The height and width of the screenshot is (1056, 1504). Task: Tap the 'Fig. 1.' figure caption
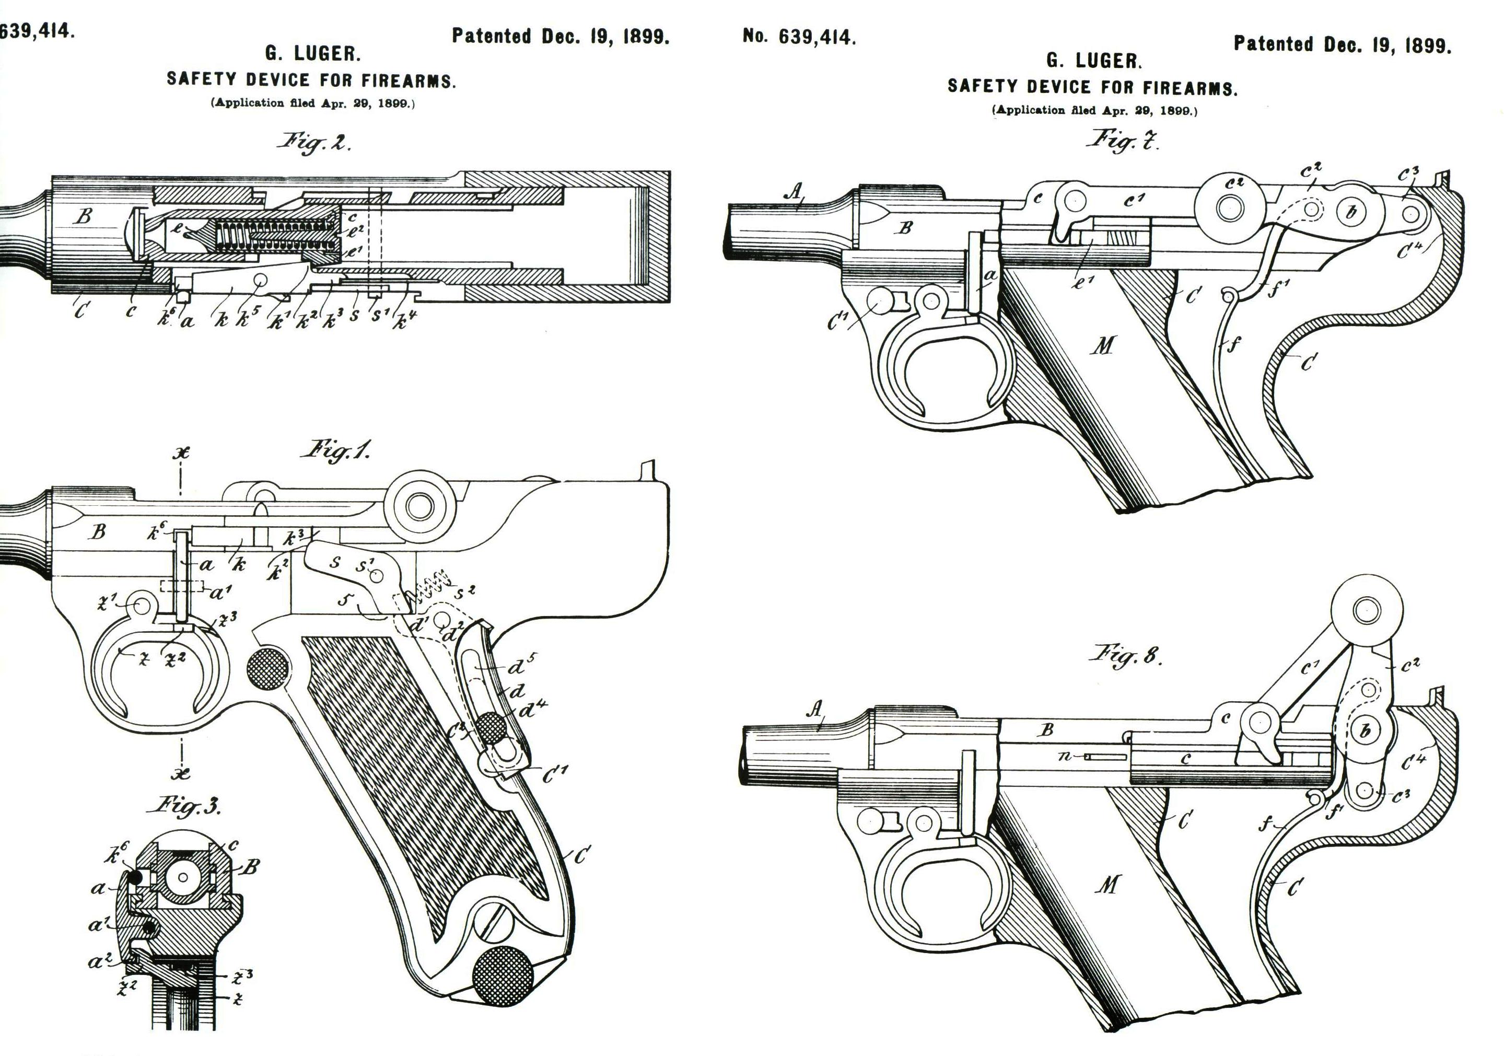(335, 451)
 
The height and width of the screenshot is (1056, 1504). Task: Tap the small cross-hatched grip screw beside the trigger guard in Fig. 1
(267, 669)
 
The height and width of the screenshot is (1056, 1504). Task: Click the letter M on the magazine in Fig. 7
(1103, 345)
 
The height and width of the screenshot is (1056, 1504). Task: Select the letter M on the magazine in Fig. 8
(1107, 886)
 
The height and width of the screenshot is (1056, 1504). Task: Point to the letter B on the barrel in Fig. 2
(83, 216)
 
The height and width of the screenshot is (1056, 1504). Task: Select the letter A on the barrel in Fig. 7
(794, 191)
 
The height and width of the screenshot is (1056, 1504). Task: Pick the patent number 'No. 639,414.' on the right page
(799, 37)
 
